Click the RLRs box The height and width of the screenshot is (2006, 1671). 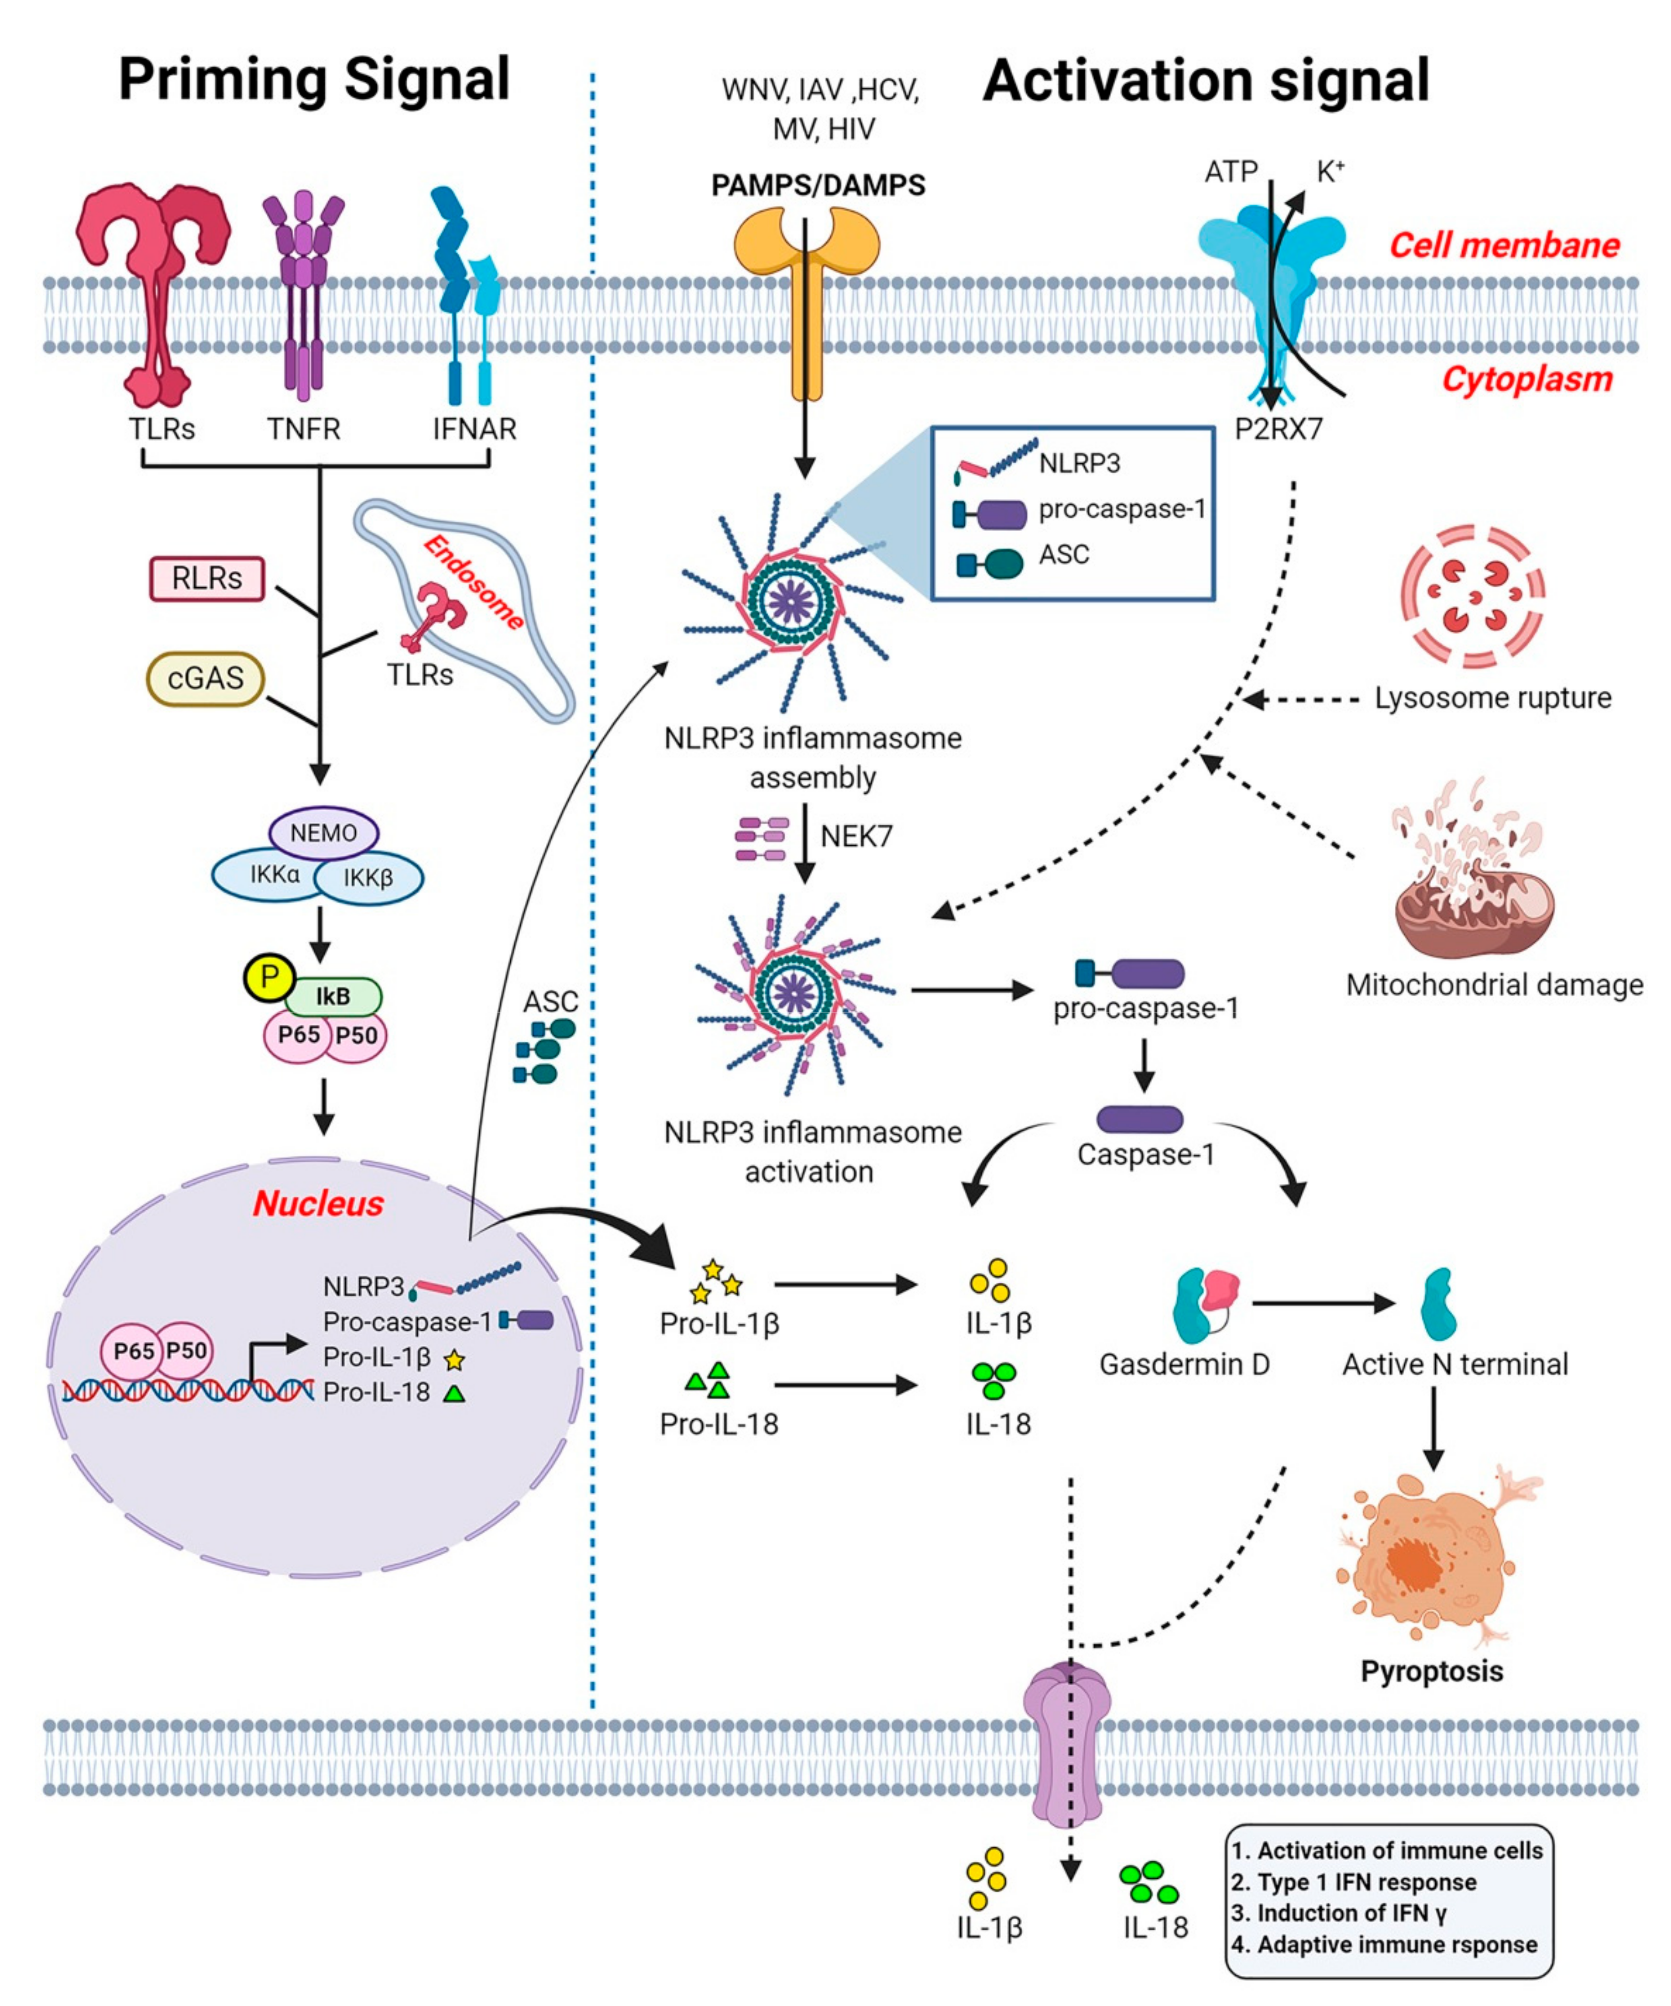point(206,579)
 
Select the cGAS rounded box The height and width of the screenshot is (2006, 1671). point(205,678)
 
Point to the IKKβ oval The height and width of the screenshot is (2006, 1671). point(368,877)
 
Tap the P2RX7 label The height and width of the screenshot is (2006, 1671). point(1279,429)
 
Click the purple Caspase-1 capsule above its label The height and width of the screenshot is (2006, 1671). point(1140,1119)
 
